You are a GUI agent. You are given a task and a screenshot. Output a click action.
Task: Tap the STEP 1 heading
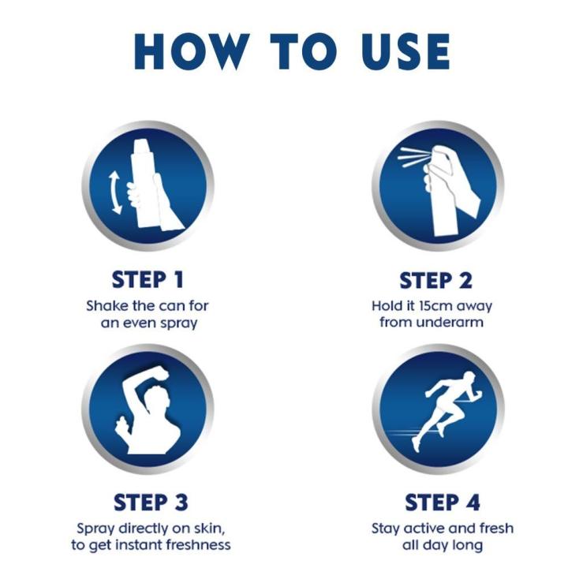(148, 280)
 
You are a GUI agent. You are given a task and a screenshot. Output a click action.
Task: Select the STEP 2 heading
(435, 280)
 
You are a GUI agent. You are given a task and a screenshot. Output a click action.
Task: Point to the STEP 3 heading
(151, 503)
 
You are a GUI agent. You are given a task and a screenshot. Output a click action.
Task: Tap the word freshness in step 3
(193, 545)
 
